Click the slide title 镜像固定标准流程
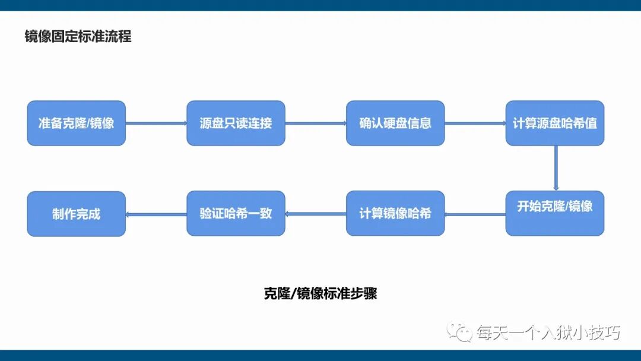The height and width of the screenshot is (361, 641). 78,36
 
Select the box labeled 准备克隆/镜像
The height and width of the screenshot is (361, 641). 77,123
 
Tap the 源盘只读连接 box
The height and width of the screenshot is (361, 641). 236,123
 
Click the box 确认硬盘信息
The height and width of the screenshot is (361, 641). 395,123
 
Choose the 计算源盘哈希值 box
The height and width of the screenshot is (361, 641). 555,123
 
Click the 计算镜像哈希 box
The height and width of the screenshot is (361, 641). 395,213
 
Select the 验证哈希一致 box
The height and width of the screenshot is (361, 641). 236,213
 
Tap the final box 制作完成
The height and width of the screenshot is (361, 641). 77,214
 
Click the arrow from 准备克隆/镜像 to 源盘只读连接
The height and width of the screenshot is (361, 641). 156,123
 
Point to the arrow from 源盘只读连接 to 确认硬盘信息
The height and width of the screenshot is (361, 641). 316,123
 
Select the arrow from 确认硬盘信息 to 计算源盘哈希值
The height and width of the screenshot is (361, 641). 475,123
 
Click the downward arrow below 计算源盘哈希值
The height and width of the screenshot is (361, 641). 556,168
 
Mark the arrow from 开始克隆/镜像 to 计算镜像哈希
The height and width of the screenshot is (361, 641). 475,214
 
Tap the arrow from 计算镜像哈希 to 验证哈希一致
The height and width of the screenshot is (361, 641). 316,214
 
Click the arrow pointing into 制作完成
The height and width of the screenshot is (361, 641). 156,214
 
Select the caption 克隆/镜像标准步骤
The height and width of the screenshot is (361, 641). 320,293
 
